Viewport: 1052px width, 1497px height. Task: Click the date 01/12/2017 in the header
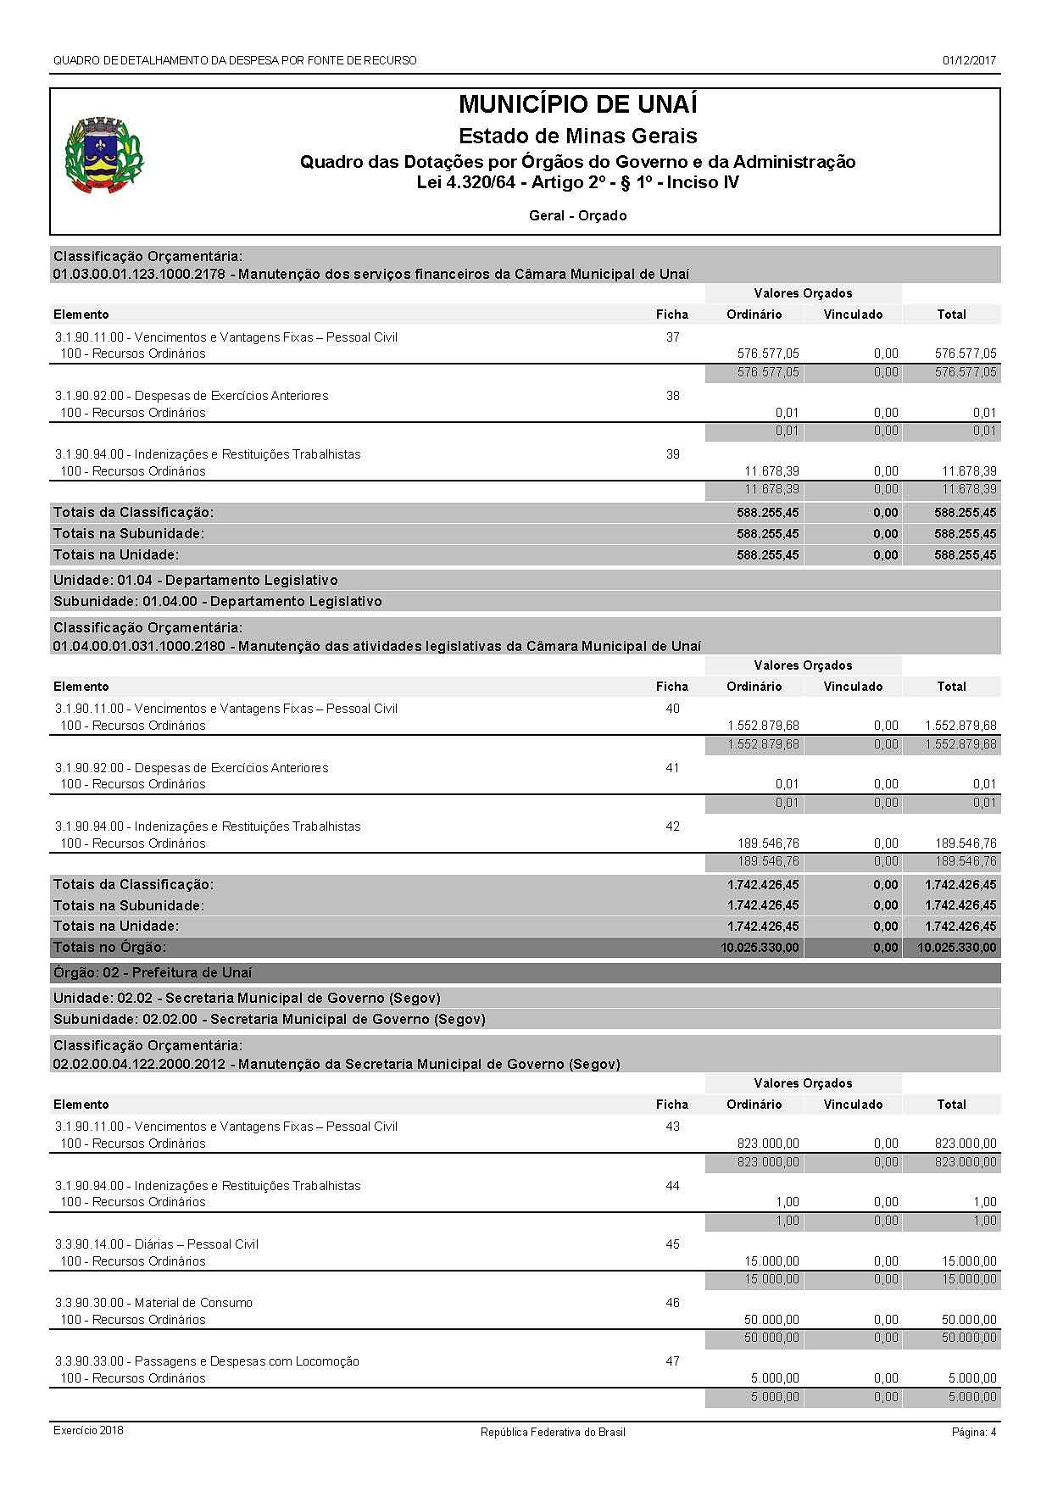pos(968,61)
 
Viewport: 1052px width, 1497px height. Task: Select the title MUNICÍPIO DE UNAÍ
pos(577,105)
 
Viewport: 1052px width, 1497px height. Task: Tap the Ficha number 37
pos(672,337)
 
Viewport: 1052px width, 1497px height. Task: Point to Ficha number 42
pos(672,826)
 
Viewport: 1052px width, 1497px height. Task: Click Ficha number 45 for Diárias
pos(672,1244)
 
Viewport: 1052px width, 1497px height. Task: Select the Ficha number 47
pos(672,1361)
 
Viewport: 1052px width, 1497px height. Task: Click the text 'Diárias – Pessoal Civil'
pos(197,1244)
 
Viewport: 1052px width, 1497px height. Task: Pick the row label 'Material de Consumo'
pos(193,1303)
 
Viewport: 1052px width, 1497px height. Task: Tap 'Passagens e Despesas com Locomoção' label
pos(247,1361)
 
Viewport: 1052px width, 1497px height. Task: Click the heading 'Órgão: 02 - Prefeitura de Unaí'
pos(153,973)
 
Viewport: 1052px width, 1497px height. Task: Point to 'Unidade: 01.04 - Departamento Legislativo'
pos(195,581)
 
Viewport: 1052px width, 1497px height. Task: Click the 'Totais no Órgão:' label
pos(110,948)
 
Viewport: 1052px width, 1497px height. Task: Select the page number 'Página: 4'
pos(973,1432)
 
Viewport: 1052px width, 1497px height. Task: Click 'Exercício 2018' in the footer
pos(88,1431)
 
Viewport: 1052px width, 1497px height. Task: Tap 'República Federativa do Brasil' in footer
pos(553,1432)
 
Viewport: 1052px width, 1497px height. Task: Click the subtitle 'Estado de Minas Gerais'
pos(577,136)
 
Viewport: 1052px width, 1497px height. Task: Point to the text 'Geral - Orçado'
pos(577,216)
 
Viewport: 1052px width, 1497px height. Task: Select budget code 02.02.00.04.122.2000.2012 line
pos(336,1064)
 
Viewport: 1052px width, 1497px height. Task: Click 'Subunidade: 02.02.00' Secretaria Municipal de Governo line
pos(269,1020)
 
